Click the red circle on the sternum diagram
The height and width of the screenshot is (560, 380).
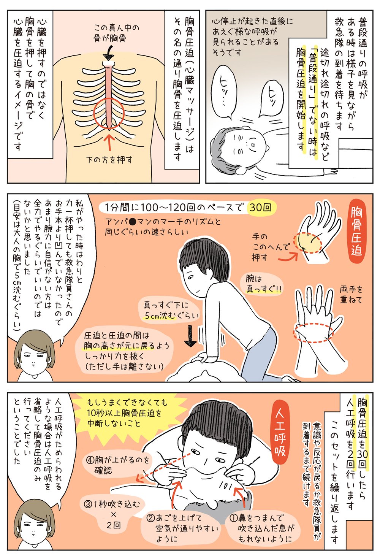pyautogui.click(x=109, y=113)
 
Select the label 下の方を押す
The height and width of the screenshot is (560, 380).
pyautogui.click(x=109, y=159)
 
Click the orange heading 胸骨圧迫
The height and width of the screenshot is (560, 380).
pyautogui.click(x=356, y=232)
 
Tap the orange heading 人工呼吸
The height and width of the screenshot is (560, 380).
pyautogui.click(x=280, y=434)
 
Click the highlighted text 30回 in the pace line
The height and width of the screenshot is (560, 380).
pyautogui.click(x=260, y=208)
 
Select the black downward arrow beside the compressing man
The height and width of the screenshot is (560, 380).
pyautogui.click(x=190, y=336)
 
